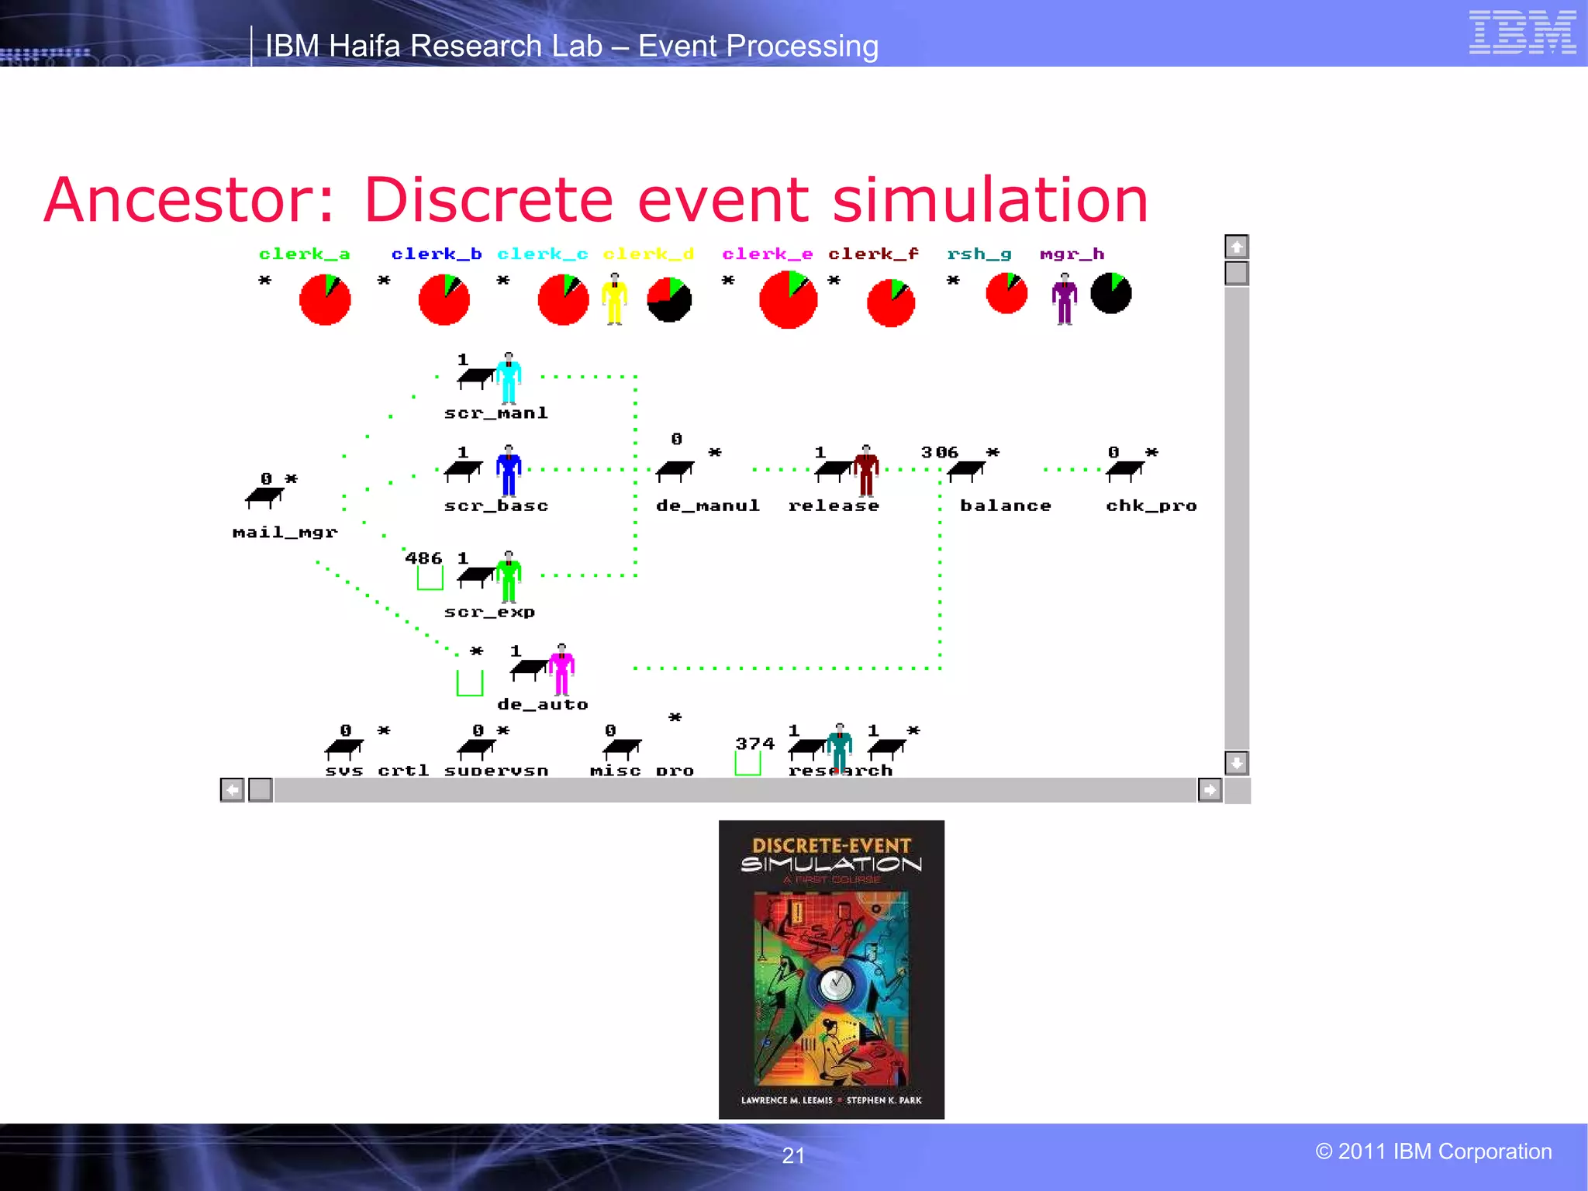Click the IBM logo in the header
tap(1522, 33)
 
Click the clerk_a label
tap(304, 254)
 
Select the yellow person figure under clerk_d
tap(614, 299)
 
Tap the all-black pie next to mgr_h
tap(1110, 293)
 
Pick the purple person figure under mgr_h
tap(1065, 299)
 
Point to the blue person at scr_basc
tap(509, 471)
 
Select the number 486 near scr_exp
tap(423, 558)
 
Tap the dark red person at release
tap(866, 471)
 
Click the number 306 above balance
tap(939, 452)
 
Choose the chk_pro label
tap(1151, 506)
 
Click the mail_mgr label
tap(285, 533)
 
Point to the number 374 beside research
tap(754, 744)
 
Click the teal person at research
tap(839, 748)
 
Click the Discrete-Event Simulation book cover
tap(831, 969)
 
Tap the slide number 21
tap(793, 1155)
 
